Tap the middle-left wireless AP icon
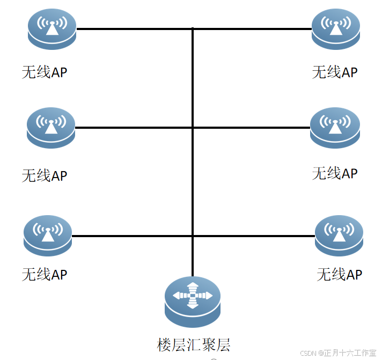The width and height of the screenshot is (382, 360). pyautogui.click(x=51, y=128)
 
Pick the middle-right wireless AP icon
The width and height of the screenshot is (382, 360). pyautogui.click(x=335, y=128)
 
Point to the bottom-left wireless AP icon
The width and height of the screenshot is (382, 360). pyautogui.click(x=48, y=236)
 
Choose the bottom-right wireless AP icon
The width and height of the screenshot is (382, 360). pyautogui.click(x=339, y=236)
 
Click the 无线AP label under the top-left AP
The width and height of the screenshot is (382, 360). pyautogui.click(x=45, y=72)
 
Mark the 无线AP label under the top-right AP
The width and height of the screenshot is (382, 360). pyautogui.click(x=335, y=72)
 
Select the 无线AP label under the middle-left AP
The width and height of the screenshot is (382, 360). pyautogui.click(x=45, y=175)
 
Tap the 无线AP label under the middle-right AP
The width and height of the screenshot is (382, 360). pyautogui.click(x=335, y=173)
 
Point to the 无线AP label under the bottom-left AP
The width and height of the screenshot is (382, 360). pyautogui.click(x=45, y=274)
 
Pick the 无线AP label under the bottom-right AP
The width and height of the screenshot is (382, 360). pyautogui.click(x=339, y=275)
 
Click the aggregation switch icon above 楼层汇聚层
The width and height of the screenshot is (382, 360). pyautogui.click(x=192, y=301)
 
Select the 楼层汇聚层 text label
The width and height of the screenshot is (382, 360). pyautogui.click(x=194, y=345)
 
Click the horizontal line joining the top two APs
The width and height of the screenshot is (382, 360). pyautogui.click(x=134, y=28)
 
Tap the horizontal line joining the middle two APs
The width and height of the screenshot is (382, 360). pyautogui.click(x=134, y=128)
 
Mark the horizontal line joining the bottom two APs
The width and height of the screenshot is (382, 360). pyautogui.click(x=134, y=236)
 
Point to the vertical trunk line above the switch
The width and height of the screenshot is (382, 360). pyautogui.click(x=192, y=182)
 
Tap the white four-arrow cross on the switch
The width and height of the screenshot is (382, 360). pyautogui.click(x=192, y=296)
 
